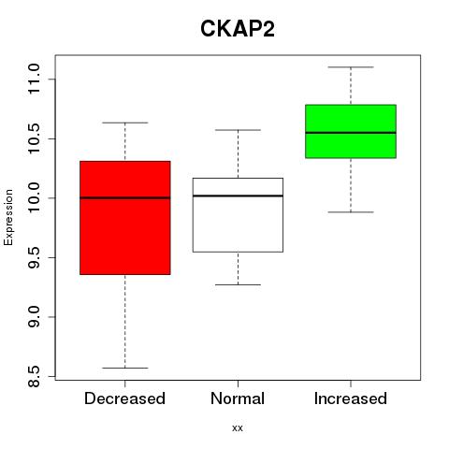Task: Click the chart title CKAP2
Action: (x=238, y=29)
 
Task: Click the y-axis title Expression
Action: (x=8, y=217)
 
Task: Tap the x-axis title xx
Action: (x=238, y=427)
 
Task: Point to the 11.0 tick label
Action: (x=34, y=79)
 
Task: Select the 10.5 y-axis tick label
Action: (x=34, y=138)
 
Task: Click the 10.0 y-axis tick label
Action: (x=34, y=198)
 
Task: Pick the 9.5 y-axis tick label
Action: (x=34, y=257)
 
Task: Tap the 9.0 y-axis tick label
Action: (x=34, y=317)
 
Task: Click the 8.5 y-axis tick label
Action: (x=34, y=376)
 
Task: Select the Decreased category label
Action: (x=124, y=398)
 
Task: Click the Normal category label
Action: (x=238, y=398)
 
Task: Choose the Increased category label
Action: (x=351, y=398)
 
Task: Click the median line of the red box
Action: (x=125, y=197)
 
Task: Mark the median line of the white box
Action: (x=238, y=196)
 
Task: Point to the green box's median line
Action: (x=351, y=133)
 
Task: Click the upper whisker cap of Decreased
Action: (x=125, y=123)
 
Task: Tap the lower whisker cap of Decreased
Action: (x=125, y=368)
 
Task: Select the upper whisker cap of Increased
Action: (x=351, y=67)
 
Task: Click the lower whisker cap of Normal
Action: (x=238, y=284)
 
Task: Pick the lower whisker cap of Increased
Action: (x=351, y=212)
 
